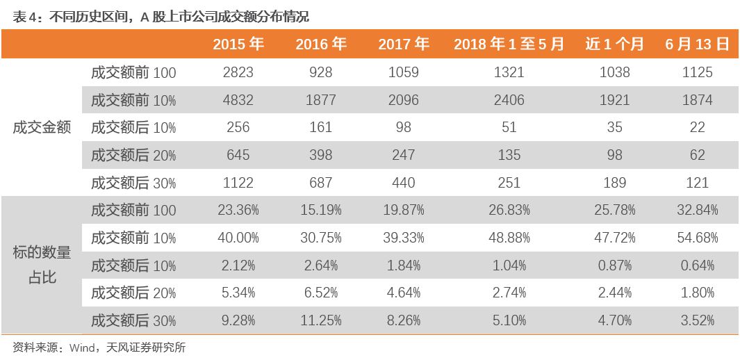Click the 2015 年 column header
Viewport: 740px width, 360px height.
pyautogui.click(x=238, y=44)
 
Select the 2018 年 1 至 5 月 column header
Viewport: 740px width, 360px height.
pyautogui.click(x=509, y=44)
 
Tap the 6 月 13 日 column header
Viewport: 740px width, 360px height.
pyautogui.click(x=697, y=44)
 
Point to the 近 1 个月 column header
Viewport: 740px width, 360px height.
pyautogui.click(x=614, y=44)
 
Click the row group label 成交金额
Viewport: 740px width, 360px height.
pyautogui.click(x=42, y=128)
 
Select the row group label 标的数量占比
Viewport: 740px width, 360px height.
pyautogui.click(x=42, y=265)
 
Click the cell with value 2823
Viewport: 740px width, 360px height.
pyautogui.click(x=238, y=72)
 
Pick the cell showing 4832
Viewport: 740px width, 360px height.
pyautogui.click(x=238, y=100)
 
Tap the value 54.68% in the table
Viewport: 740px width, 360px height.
pyautogui.click(x=697, y=238)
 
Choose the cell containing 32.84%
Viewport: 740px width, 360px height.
pyautogui.click(x=697, y=210)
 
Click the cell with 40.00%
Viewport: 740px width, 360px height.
pyautogui.click(x=238, y=238)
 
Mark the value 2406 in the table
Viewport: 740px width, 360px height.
pyautogui.click(x=509, y=100)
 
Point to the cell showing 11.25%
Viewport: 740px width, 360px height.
pyautogui.click(x=320, y=320)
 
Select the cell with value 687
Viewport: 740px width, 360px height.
pyautogui.click(x=320, y=183)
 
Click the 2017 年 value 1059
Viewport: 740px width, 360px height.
pyautogui.click(x=403, y=72)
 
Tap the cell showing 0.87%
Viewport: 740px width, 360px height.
pyautogui.click(x=614, y=265)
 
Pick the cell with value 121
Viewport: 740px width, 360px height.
pyautogui.click(x=697, y=183)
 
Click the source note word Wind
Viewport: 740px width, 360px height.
pyautogui.click(x=83, y=347)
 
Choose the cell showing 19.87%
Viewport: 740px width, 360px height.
pyautogui.click(x=403, y=210)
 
